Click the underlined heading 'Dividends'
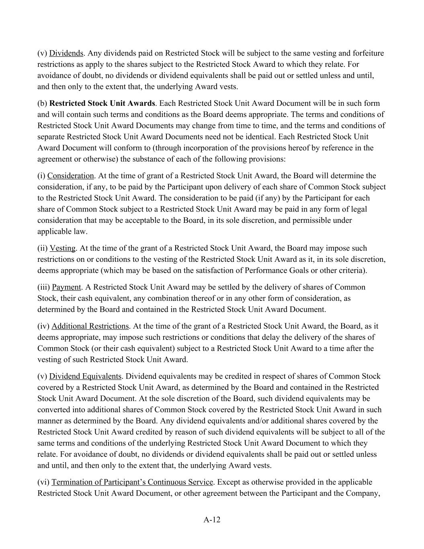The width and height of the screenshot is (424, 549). (x=66, y=53)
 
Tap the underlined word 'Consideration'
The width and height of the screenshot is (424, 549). (x=70, y=176)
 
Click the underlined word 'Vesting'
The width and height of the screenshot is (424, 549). (x=62, y=248)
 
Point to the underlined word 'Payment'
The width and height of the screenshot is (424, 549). (x=66, y=287)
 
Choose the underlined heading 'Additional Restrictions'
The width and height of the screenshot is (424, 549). (x=90, y=326)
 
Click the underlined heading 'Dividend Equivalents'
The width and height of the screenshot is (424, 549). (x=85, y=376)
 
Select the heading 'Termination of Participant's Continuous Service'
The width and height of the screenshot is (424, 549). (x=132, y=482)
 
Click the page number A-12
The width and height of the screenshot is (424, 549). (x=212, y=520)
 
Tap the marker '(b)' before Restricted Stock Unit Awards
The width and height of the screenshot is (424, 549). (x=42, y=103)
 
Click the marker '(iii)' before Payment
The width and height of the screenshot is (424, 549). (x=44, y=287)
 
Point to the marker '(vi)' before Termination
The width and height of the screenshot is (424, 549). (x=43, y=482)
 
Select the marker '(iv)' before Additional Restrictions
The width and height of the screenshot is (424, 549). (x=43, y=326)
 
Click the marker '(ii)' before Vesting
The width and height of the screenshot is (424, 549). (x=43, y=248)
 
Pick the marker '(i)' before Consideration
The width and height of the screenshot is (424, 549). (x=41, y=176)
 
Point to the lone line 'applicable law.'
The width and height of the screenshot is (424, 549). (x=62, y=232)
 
